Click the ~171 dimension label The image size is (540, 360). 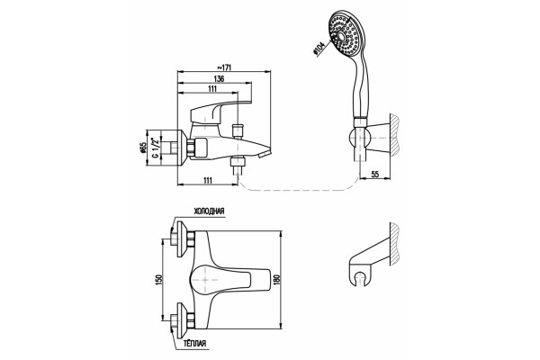(223, 67)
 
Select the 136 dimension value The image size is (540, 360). (219, 78)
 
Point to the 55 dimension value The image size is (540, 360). (375, 175)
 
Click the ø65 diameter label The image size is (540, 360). (144, 148)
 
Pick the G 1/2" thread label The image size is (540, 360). (156, 148)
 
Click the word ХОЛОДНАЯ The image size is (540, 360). (210, 211)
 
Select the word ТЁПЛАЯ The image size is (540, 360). (195, 343)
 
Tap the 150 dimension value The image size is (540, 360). (159, 278)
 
